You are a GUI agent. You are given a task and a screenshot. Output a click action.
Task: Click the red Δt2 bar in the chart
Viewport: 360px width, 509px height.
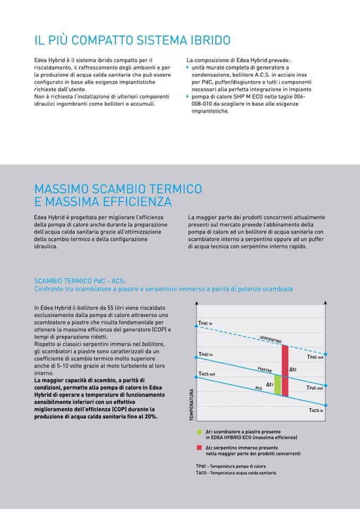(285, 370)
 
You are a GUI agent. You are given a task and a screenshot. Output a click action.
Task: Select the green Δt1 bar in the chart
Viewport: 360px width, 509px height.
(277, 385)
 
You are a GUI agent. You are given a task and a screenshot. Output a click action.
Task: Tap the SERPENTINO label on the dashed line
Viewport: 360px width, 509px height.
(271, 339)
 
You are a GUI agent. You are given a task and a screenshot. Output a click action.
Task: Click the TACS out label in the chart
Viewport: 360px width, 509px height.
(207, 374)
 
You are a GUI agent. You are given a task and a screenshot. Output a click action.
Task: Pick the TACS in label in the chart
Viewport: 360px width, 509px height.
(316, 410)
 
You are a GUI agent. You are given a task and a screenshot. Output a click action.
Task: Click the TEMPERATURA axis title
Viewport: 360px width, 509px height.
(192, 406)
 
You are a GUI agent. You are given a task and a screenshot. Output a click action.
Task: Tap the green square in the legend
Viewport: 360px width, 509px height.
(199, 432)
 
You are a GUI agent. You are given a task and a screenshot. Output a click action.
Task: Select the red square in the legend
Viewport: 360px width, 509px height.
(199, 448)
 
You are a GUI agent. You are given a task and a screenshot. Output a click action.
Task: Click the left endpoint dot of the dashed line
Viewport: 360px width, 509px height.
(197, 327)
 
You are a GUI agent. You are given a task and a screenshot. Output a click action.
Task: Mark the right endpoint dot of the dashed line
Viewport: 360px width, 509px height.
(327, 354)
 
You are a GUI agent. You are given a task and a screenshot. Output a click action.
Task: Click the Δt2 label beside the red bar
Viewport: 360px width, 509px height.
(293, 369)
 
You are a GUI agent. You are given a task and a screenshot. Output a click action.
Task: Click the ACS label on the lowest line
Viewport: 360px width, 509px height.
(259, 389)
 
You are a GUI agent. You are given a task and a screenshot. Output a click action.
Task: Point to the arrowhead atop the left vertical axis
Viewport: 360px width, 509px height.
(197, 303)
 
